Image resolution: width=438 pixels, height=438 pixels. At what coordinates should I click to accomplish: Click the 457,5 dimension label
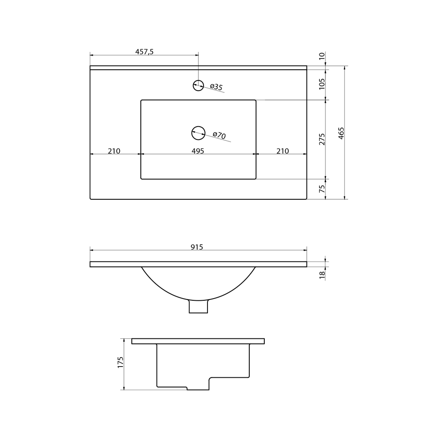tap(144, 52)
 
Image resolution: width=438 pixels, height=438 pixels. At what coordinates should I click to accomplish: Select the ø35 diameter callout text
tap(216, 87)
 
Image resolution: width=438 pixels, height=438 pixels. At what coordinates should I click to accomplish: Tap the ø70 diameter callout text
tap(219, 135)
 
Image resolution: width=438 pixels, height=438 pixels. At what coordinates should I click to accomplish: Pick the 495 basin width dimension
tap(198, 151)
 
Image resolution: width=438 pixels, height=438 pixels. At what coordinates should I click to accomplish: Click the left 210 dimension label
tap(114, 151)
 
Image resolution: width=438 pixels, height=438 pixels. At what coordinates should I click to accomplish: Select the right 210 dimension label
tap(283, 151)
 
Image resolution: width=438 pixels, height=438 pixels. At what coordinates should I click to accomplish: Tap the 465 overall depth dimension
tap(341, 133)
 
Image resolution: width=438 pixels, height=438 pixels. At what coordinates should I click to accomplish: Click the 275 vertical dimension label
tap(322, 139)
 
